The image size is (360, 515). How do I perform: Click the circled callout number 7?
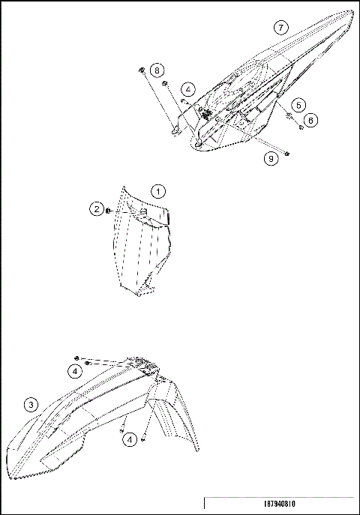click(x=280, y=28)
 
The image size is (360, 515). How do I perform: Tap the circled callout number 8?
click(x=157, y=70)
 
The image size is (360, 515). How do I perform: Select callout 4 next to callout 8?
click(x=188, y=89)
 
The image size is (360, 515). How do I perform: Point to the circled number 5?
click(x=298, y=105)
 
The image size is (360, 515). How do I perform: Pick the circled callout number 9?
click(x=268, y=157)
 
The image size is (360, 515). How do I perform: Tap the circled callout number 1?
click(x=157, y=191)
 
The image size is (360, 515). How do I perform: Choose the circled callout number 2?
click(x=97, y=209)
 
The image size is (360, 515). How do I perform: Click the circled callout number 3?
click(x=31, y=405)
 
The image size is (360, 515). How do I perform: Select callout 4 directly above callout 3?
click(x=75, y=370)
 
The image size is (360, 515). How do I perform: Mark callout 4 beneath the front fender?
click(x=130, y=440)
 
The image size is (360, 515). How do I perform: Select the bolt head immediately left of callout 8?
click(x=141, y=70)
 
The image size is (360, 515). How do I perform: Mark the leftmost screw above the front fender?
click(x=77, y=358)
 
